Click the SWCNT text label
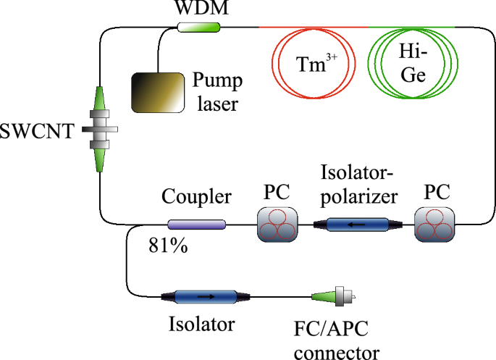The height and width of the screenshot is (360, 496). click(37, 132)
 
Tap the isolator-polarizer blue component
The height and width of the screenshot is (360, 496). click(356, 225)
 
